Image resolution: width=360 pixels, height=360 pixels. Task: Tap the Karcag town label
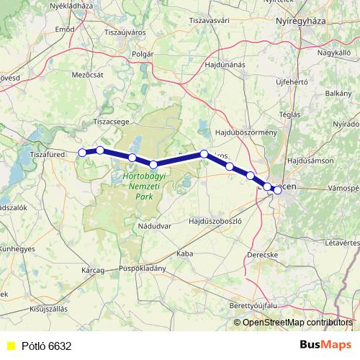coord(94,270)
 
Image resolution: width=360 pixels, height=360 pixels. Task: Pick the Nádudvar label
coord(153,227)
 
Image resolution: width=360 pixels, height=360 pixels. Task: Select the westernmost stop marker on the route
coord(82,153)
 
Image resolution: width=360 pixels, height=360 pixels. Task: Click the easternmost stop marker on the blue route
coord(277,190)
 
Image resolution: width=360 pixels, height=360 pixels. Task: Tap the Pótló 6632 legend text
coord(46,346)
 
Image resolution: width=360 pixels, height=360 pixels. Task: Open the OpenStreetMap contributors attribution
coord(297,322)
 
